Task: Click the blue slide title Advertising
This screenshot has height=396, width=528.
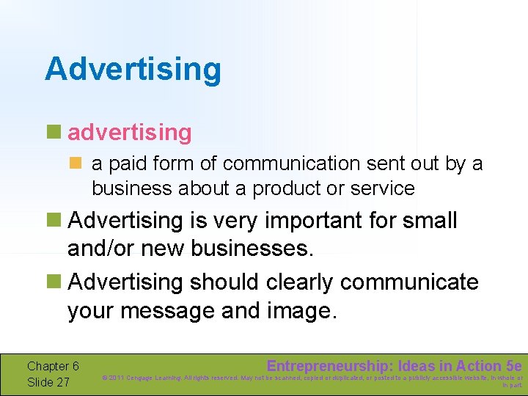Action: pyautogui.click(x=133, y=70)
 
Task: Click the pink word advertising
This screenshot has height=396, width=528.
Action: pyautogui.click(x=129, y=133)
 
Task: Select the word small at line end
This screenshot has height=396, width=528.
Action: pyautogui.click(x=430, y=221)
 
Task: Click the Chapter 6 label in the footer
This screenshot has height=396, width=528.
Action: pyautogui.click(x=53, y=366)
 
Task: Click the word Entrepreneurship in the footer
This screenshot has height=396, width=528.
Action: pyautogui.click(x=329, y=365)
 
